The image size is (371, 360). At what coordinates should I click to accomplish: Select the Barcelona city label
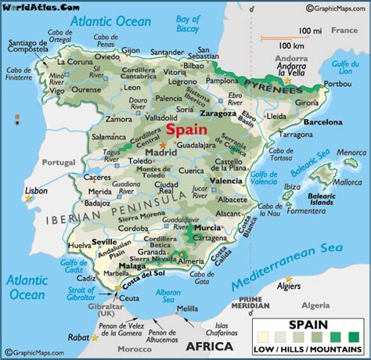click(x=302, y=122)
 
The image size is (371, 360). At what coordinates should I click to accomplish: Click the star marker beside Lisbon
click(x=29, y=198)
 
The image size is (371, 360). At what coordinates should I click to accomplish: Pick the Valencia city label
click(x=226, y=181)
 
